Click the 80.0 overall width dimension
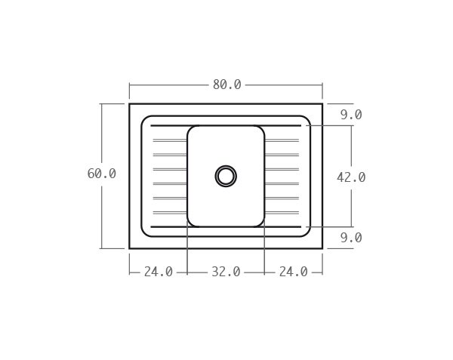[226, 85]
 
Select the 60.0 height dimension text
[102, 174]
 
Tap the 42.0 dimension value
[351, 177]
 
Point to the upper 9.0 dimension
[351, 115]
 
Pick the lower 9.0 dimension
[351, 238]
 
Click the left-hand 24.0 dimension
[159, 272]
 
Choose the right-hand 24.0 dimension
[293, 272]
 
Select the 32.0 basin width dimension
[226, 272]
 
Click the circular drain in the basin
[226, 176]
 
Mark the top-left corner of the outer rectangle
[129, 103]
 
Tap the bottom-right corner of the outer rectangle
[322, 248]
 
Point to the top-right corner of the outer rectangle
[322, 103]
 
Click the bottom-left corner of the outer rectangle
[129, 248]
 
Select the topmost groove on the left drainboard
[169, 140]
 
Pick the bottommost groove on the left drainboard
[169, 212]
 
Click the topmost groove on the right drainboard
[282, 140]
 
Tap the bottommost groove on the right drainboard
[282, 212]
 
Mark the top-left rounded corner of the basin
[190, 128]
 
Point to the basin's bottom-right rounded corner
[261, 223]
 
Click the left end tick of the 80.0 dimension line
[129, 85]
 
